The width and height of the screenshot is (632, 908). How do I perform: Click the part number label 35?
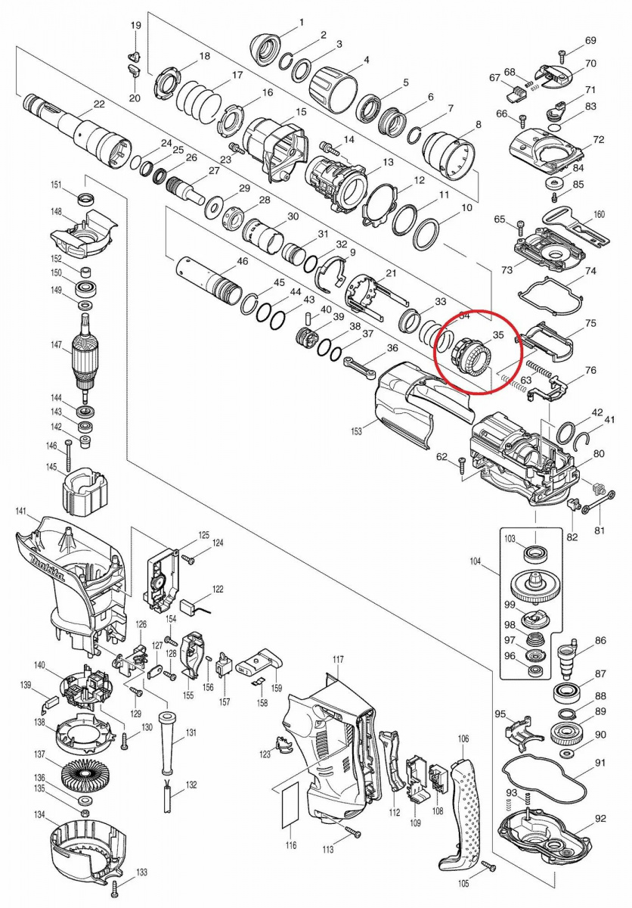497,334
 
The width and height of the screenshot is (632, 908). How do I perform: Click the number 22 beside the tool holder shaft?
99,104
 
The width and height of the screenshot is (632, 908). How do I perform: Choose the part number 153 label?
357,431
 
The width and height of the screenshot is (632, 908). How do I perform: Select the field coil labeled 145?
84,490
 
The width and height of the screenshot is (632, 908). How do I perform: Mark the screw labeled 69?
562,55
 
